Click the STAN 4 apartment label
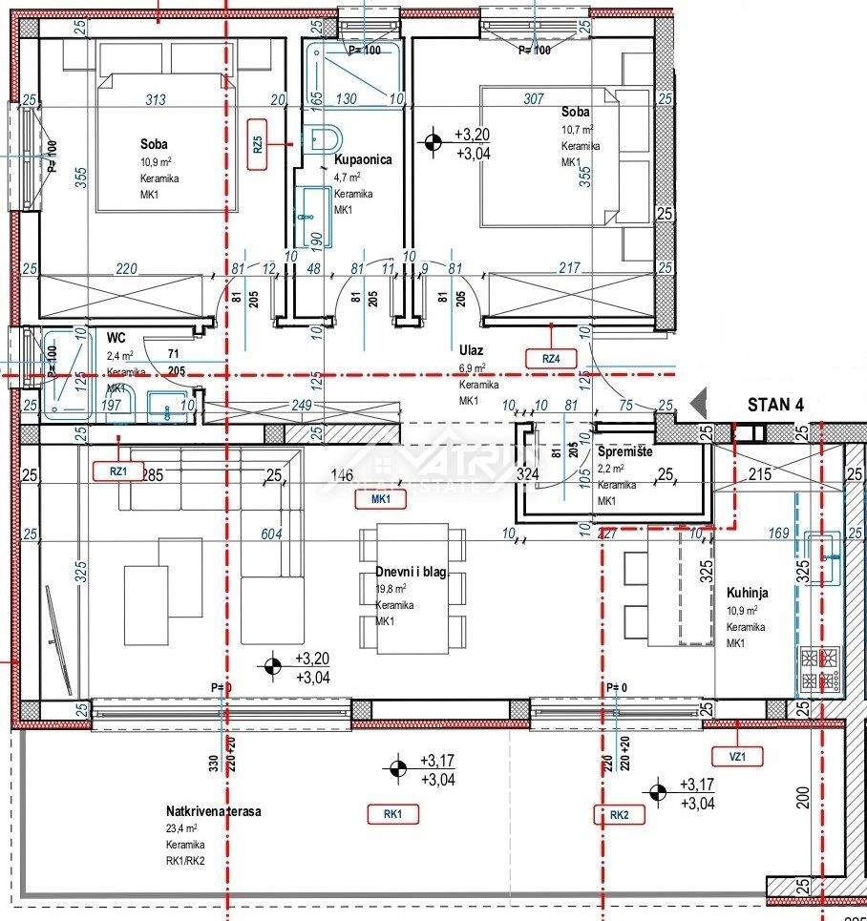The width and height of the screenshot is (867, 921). tap(774, 405)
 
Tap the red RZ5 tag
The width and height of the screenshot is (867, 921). tap(256, 144)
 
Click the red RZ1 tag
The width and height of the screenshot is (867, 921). tap(117, 470)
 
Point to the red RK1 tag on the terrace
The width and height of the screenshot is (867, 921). tap(393, 814)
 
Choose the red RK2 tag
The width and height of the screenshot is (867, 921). tap(618, 814)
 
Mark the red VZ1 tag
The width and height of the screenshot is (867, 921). tap(736, 757)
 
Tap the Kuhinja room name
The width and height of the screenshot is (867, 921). tap(748, 593)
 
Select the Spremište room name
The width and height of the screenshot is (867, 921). tap(624, 451)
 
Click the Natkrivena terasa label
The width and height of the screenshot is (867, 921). tap(214, 811)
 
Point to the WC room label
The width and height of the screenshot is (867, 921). tap(116, 338)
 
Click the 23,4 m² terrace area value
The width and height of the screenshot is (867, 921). tap(181, 828)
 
